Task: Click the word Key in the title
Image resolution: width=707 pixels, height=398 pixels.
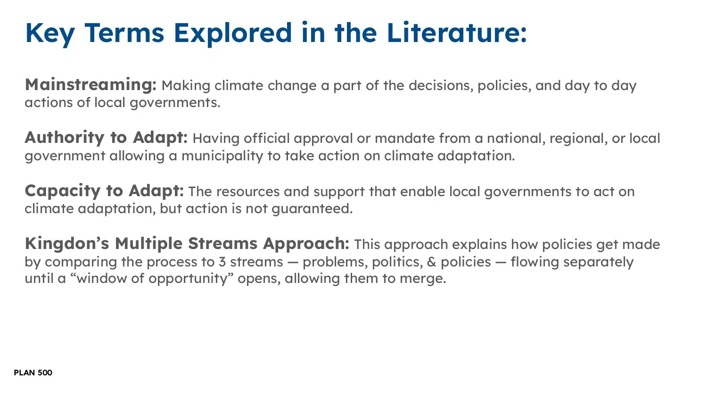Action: click(49, 33)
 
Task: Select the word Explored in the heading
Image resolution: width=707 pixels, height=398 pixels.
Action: click(233, 33)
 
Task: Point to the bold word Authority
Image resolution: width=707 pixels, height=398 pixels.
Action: click(64, 138)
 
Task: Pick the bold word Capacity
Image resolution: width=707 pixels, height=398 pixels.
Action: click(62, 191)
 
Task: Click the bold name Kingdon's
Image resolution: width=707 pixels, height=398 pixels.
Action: click(66, 244)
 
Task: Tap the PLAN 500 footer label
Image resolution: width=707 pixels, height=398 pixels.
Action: click(33, 373)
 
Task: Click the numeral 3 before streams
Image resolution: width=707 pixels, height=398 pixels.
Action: click(222, 262)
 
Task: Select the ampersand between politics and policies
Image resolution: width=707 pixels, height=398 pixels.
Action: click(432, 262)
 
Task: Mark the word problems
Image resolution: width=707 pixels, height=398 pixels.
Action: click(335, 262)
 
